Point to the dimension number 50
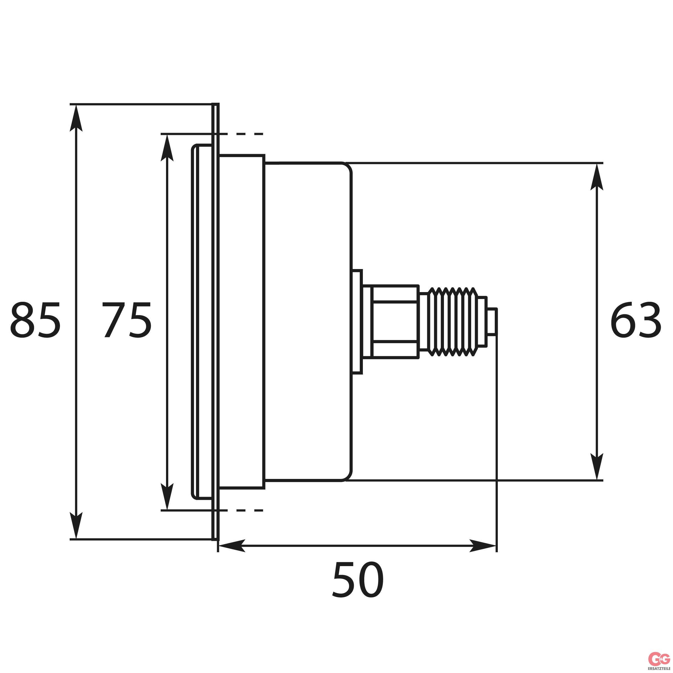(x=358, y=580)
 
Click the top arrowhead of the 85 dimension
(x=76, y=119)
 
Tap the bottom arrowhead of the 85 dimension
(x=76, y=526)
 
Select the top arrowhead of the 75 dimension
(x=167, y=148)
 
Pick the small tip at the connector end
(x=492, y=322)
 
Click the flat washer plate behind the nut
(x=357, y=322)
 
